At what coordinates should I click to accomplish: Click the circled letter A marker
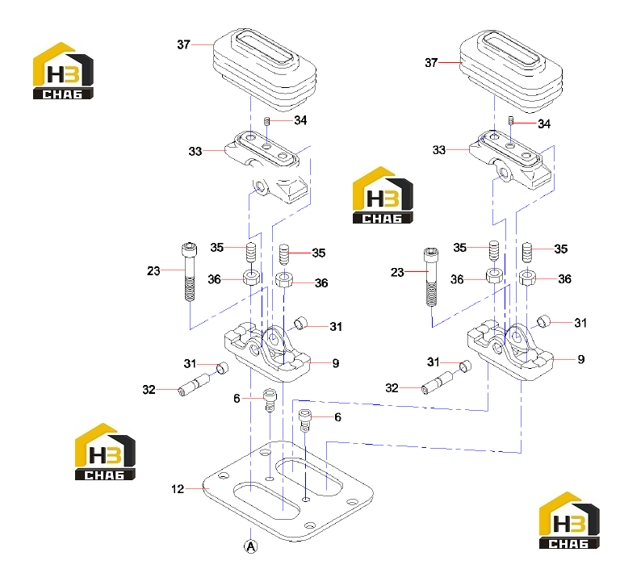[251, 546]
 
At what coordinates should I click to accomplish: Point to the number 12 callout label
[178, 489]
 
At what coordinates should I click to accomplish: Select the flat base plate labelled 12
[288, 491]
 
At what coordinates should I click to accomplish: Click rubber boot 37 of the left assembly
[265, 70]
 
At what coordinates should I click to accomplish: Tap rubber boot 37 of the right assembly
[511, 71]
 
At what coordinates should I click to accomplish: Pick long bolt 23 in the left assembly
[190, 272]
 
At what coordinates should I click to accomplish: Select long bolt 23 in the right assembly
[431, 277]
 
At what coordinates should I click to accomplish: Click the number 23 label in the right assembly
[397, 272]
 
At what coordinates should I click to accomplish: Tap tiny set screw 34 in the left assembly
[266, 121]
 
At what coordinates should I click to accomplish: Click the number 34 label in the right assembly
[544, 123]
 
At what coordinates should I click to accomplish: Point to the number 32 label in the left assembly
[149, 390]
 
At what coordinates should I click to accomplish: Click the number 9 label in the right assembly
[581, 359]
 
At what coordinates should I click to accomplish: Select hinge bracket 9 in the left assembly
[267, 352]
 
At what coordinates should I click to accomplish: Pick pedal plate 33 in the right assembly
[510, 160]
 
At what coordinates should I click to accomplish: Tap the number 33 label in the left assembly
[195, 151]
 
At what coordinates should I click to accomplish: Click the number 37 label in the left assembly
[183, 44]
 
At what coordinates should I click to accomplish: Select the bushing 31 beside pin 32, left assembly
[223, 368]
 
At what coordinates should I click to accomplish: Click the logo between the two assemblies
[383, 195]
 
